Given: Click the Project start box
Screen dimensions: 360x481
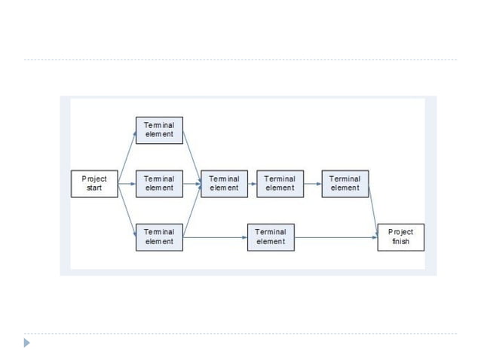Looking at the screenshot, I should (x=94, y=184).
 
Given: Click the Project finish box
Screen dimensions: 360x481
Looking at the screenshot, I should (x=400, y=236).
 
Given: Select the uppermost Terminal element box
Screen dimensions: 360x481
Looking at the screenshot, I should (x=158, y=130).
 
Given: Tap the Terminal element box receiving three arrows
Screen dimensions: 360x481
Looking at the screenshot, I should (x=224, y=184).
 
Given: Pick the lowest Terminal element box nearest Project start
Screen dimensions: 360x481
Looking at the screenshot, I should (x=158, y=236).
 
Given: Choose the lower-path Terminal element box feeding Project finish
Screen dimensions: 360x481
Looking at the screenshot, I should (x=271, y=236).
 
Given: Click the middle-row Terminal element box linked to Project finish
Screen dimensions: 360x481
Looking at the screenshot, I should (x=345, y=184).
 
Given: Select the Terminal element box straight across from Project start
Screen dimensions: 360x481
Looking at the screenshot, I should (x=158, y=184).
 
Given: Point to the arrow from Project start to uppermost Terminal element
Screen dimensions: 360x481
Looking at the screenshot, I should (x=127, y=156).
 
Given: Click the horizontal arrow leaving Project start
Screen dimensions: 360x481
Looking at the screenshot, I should (x=127, y=184).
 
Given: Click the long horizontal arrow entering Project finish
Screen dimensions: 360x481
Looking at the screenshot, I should (x=335, y=237).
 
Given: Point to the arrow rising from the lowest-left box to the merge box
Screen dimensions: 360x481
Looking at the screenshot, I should (x=191, y=212).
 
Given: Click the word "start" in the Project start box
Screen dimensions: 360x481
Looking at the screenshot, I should (x=94, y=188).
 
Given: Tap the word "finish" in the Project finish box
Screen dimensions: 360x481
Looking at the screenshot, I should (x=400, y=242).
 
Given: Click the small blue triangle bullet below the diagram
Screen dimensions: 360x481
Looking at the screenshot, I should (x=28, y=343).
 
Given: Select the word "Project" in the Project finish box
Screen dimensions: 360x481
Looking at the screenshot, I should (x=400, y=232).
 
